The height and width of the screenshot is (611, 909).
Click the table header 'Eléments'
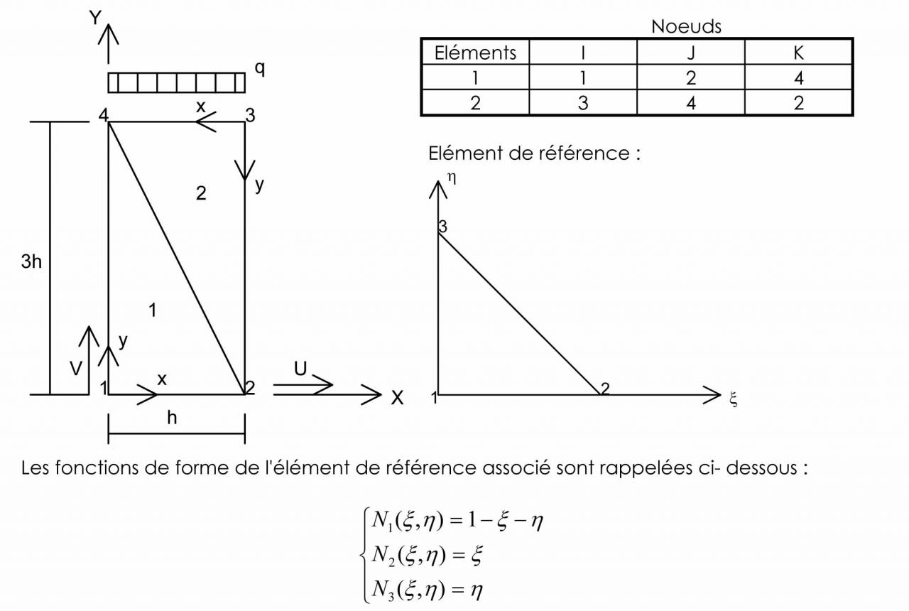pos(475,53)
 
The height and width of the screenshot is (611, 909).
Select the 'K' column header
pos(798,53)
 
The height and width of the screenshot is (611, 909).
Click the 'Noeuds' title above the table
pos(686,27)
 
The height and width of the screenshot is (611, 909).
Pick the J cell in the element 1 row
pos(690,77)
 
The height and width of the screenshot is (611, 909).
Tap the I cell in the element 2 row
pos(582,103)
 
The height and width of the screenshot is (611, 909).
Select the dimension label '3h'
pos(31,261)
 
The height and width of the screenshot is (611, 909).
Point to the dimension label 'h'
pos(172,418)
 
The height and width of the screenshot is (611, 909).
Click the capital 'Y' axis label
pos(94,18)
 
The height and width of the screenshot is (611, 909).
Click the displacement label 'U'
pos(300,368)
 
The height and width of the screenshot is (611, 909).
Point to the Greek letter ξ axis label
pos(734,400)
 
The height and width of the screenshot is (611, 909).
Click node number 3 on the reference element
pos(442,227)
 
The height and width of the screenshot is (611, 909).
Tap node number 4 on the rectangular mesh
pos(103,116)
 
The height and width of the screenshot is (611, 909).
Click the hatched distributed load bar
pos(176,82)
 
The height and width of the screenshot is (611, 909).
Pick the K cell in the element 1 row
pos(798,77)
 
